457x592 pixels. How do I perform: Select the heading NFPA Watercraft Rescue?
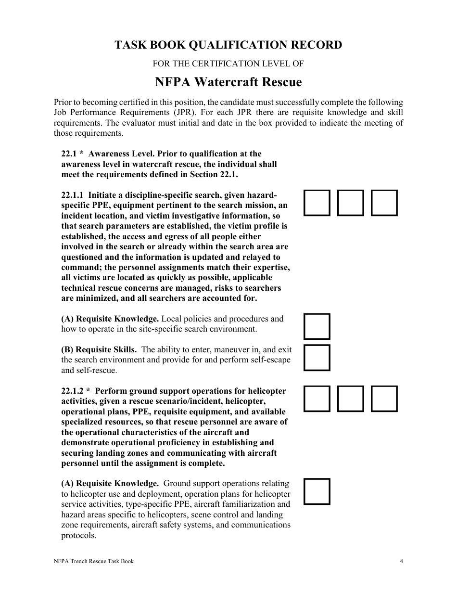[x=228, y=82]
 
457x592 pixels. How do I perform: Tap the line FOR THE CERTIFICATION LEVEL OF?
[x=228, y=64]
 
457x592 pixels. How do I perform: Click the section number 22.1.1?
[x=72, y=195]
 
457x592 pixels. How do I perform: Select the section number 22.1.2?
[x=72, y=391]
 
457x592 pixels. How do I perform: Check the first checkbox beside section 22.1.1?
[x=317, y=203]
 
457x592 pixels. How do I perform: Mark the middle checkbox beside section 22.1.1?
[x=351, y=203]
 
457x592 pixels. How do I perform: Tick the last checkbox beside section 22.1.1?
[x=384, y=203]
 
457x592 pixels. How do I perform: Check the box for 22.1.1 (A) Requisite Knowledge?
[x=317, y=326]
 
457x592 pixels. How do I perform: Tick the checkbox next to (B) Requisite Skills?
[x=317, y=358]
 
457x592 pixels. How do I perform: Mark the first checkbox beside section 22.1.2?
[x=317, y=399]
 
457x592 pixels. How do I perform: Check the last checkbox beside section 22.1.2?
[x=384, y=399]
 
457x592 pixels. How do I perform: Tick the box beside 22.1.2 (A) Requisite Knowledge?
[x=317, y=491]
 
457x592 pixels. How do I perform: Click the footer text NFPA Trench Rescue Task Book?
[x=93, y=561]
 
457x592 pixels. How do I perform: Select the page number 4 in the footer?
[x=401, y=561]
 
